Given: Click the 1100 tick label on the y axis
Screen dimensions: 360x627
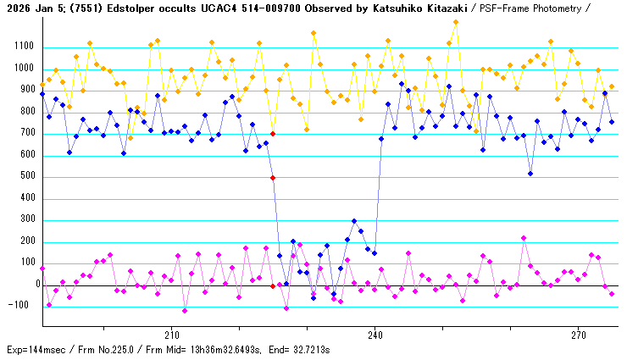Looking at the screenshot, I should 22,47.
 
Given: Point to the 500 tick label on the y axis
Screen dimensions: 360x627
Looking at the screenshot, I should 25,177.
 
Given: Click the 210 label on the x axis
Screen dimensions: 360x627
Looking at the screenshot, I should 171,335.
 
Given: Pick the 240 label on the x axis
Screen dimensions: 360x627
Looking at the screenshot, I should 375,335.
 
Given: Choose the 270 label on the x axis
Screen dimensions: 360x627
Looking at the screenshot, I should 578,335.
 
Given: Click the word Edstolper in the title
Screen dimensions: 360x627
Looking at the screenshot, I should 125,8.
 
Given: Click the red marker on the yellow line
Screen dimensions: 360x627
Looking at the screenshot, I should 273,134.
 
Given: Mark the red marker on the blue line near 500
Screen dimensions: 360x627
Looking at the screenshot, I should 273,178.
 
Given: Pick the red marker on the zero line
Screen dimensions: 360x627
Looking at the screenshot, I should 273,286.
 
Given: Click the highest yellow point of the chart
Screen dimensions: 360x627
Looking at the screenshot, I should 456,22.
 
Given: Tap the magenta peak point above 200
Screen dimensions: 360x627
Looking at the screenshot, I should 524,238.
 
